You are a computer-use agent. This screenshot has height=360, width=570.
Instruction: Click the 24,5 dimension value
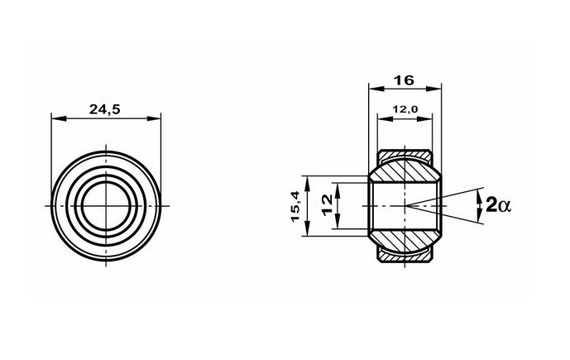tap(105, 108)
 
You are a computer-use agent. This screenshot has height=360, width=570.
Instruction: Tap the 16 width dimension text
tap(405, 80)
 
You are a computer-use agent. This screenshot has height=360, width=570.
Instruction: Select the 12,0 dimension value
tap(405, 108)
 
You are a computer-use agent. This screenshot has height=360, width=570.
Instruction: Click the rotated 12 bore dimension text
tap(327, 204)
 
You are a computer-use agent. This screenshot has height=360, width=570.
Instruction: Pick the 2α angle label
tap(501, 205)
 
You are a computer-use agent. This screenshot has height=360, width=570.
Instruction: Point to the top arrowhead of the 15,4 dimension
tap(307, 180)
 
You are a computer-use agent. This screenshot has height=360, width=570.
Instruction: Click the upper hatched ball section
tap(405, 170)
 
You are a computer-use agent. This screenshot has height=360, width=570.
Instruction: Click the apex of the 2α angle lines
tap(406, 205)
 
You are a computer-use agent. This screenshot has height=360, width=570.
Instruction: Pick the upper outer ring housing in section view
tap(405, 153)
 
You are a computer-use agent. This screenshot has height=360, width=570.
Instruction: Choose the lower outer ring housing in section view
tap(405, 257)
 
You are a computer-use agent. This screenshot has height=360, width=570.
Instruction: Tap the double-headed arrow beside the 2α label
tap(480, 205)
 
